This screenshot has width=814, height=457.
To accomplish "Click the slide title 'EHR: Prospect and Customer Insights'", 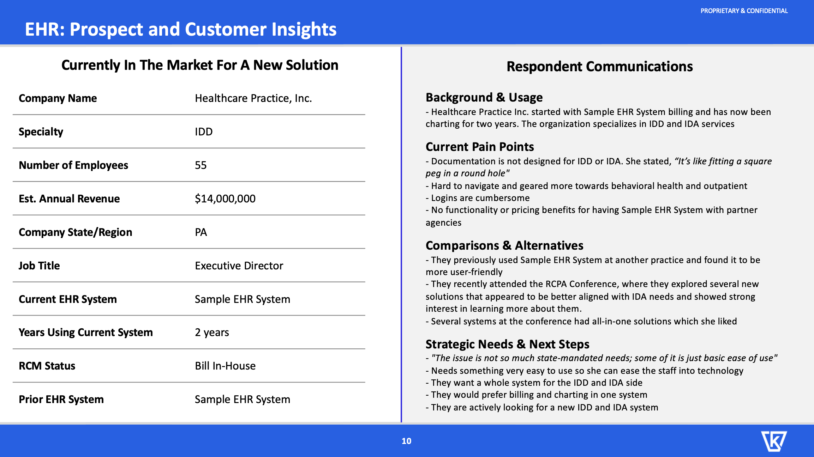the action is pos(180,29).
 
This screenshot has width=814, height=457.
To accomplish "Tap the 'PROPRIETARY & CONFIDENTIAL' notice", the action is pos(744,11).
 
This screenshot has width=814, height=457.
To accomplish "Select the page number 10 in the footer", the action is pos(406,441).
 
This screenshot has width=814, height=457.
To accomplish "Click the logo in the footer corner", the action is pos(774,441).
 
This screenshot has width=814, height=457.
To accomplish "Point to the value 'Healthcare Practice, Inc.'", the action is pos(253,98).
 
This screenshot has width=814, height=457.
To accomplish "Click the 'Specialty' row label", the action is pos(41,132).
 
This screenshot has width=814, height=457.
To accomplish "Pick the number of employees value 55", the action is pos(201,165).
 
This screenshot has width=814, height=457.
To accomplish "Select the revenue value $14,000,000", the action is pos(225,199).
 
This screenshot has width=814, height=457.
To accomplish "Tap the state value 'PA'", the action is pos(201,232).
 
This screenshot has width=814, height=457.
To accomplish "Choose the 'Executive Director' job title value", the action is pos(239,266).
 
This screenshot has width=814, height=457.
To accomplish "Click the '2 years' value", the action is pos(212,333).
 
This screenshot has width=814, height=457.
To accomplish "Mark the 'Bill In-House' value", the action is pos(225,366).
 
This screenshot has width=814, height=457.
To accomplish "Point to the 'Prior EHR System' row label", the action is pos(61,400).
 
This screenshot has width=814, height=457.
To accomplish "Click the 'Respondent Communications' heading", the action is pos(600,67).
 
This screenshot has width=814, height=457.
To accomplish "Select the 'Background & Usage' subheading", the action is pos(484,98).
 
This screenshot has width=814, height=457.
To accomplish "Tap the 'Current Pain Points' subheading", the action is pos(480,147).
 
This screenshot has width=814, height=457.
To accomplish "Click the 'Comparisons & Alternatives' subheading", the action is pos(504,245).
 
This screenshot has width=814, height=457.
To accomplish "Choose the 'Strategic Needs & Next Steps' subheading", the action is pos(507,344).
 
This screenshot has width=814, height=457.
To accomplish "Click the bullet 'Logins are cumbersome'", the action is pos(478,198).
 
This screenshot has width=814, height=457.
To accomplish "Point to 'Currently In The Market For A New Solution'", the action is pos(200,65).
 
